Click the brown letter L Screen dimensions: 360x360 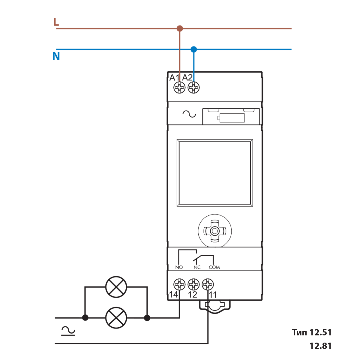click(56, 22)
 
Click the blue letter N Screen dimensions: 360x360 click(56, 56)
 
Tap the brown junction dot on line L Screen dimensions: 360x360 click(180, 28)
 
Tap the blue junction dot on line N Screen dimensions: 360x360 click(194, 49)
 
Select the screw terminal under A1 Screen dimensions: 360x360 click(180, 88)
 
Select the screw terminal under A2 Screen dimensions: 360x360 click(194, 88)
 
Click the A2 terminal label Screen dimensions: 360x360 click(187, 78)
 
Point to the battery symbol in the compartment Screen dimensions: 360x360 click(231, 118)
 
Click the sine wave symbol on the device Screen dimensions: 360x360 click(189, 114)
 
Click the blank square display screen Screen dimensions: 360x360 click(215, 173)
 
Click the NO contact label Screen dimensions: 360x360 click(179, 267)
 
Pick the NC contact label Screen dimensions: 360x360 click(197, 267)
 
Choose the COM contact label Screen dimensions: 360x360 click(214, 267)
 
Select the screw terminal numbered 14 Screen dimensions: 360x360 click(179, 284)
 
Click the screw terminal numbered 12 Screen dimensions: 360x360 click(193, 284)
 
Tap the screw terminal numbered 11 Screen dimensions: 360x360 click(208, 284)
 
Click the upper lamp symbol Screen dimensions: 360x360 click(116, 287)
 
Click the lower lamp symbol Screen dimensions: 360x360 click(116, 318)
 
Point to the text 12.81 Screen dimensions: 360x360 click(320, 346)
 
